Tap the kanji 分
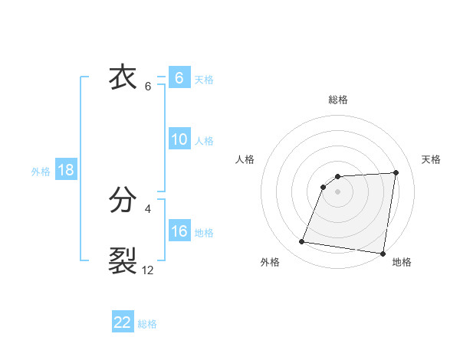coord(123,201)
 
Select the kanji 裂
coord(123,260)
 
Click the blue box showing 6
coord(179,78)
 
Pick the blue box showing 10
coord(179,139)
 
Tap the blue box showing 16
coord(179,231)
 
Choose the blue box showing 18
coord(66,170)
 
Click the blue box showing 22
coord(123,322)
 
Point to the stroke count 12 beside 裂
coord(147,270)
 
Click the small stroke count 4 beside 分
coord(148,208)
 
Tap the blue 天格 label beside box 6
coord(204,80)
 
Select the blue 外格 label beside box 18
coord(41,172)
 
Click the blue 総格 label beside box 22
coord(147,324)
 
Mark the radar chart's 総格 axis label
coord(338,100)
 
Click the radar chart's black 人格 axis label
coord(245,159)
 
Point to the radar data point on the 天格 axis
coord(396,172)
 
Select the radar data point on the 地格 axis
coord(382,254)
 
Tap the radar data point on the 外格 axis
coord(302,242)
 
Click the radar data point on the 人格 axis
coord(324,187)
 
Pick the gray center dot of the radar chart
coord(338,191)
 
